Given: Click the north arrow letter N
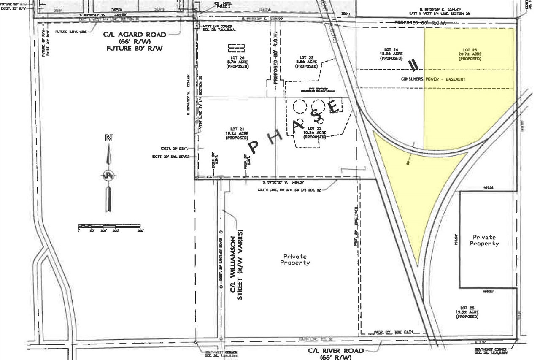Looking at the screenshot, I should click(x=109, y=138).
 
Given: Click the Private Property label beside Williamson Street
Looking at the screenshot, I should click(x=295, y=259).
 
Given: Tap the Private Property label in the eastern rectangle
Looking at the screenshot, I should click(x=485, y=240).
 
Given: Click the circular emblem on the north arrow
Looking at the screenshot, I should click(x=109, y=175).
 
